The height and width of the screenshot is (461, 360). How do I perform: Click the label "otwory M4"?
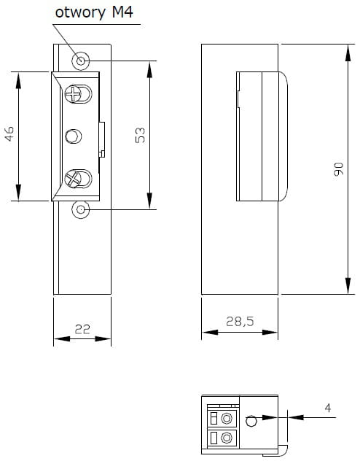[x=94, y=12]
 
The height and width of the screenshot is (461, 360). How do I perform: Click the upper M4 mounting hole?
[x=80, y=61]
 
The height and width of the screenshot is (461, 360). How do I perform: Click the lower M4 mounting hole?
[x=80, y=209]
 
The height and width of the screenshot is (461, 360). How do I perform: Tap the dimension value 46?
[x=9, y=133]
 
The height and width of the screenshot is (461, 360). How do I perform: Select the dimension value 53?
[x=140, y=135]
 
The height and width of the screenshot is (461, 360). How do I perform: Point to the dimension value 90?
[x=339, y=168]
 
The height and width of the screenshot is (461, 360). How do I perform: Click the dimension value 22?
[x=82, y=329]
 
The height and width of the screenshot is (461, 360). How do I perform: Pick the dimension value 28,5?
[x=240, y=322]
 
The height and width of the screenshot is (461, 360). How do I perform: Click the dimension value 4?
[x=328, y=408]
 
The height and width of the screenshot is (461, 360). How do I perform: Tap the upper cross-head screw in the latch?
[x=73, y=94]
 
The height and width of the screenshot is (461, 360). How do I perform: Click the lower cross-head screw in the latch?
[x=73, y=179]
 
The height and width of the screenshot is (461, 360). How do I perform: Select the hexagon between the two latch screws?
[x=73, y=136]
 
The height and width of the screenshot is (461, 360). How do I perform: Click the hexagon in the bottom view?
[x=251, y=420]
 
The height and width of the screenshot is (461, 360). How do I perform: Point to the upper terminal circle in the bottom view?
[x=227, y=418]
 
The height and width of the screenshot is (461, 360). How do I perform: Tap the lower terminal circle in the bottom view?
[x=227, y=438]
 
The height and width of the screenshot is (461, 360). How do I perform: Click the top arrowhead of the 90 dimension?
[x=348, y=53]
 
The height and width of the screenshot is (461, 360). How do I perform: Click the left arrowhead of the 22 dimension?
[x=62, y=339]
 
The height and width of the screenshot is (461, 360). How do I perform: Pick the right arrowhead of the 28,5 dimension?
[x=270, y=332]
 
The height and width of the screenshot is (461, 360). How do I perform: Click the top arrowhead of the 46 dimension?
[x=18, y=80]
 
